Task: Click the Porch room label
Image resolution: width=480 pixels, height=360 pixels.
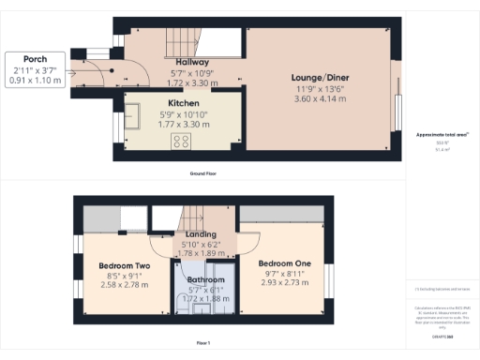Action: click(37, 60)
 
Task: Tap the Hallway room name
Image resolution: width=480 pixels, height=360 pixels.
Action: click(185, 62)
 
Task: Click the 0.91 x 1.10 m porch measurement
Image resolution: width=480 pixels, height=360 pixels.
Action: click(37, 81)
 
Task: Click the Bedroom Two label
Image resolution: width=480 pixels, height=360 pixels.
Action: click(125, 265)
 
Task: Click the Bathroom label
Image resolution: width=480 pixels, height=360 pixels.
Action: click(204, 279)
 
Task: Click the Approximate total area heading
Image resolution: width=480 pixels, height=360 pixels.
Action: click(441, 136)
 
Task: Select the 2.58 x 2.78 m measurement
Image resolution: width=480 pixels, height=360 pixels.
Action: click(125, 286)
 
